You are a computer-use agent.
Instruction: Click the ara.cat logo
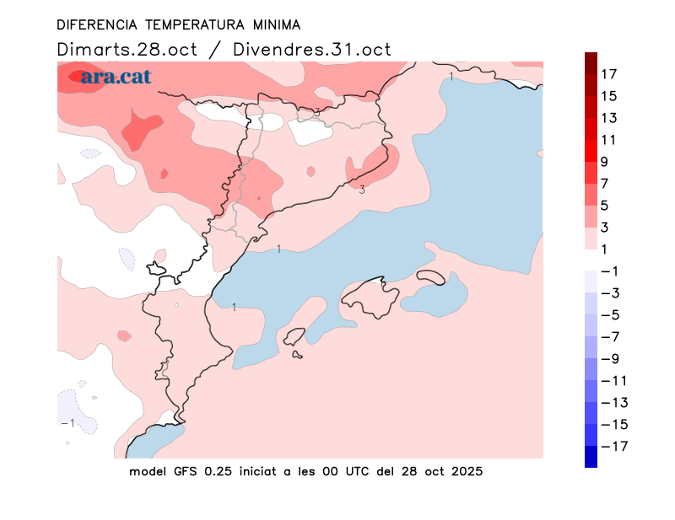pos(116,78)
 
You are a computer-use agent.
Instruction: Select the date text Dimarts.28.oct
pos(127,50)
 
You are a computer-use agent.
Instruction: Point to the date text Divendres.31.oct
pos(313,50)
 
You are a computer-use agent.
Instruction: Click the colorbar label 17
pos(608,74)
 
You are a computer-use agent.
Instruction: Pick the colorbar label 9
pos(604,162)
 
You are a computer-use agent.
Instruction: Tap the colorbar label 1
pos(604,249)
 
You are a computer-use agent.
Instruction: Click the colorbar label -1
pos(608,271)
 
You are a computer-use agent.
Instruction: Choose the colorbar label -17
pos(613,445)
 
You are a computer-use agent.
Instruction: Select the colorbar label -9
pos(608,358)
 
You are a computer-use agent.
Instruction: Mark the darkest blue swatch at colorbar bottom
pos(591,457)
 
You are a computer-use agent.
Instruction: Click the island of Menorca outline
pos(431,276)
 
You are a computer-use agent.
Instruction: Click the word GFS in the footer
pos(185,471)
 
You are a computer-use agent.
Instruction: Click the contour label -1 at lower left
pos(68,422)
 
